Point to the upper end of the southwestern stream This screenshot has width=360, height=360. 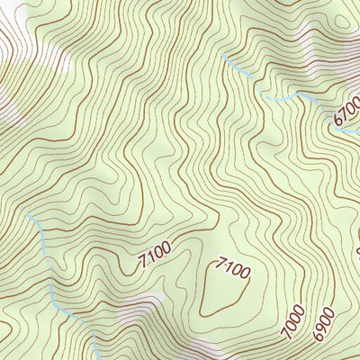coord(29,216)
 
